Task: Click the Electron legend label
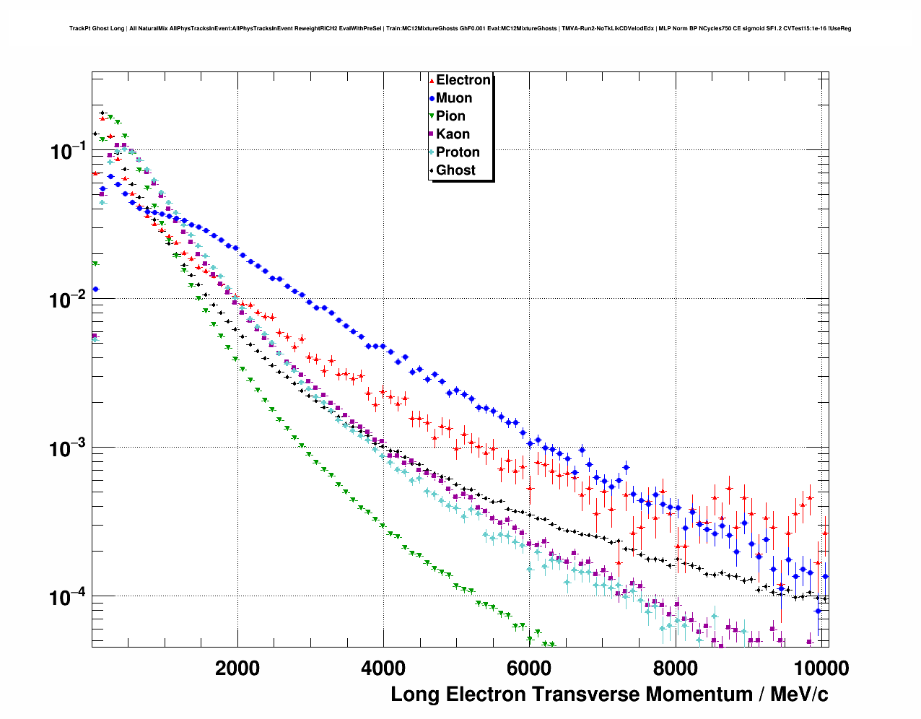463,80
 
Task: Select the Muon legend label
454,98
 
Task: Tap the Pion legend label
450,116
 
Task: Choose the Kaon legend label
453,134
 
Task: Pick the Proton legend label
458,152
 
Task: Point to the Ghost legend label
455,170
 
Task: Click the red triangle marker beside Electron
432,81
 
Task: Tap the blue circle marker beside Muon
432,98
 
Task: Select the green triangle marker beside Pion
432,116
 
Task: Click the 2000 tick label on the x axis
237,668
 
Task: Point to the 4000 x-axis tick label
383,668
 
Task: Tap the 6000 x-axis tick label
529,668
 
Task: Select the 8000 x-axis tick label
675,668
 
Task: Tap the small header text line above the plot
460,29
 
